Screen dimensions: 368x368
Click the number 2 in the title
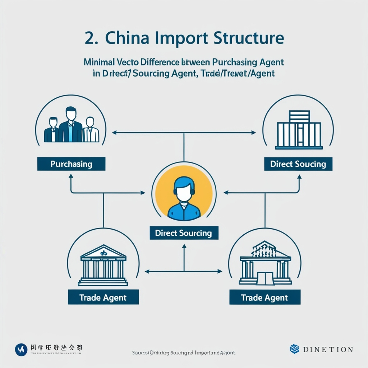click(x=90, y=38)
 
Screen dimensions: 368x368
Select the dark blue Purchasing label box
click(x=71, y=164)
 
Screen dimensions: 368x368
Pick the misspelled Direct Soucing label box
click(x=298, y=164)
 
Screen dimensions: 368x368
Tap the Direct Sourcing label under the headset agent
click(x=183, y=233)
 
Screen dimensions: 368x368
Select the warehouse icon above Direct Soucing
click(x=299, y=130)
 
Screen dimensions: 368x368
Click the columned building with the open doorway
click(x=265, y=264)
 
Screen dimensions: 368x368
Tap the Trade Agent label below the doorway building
click(x=264, y=298)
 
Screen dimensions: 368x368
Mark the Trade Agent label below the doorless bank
click(x=103, y=298)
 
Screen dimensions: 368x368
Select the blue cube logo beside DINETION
click(x=295, y=349)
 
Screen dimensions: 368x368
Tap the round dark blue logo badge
click(x=21, y=349)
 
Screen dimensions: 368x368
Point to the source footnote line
click(x=184, y=353)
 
